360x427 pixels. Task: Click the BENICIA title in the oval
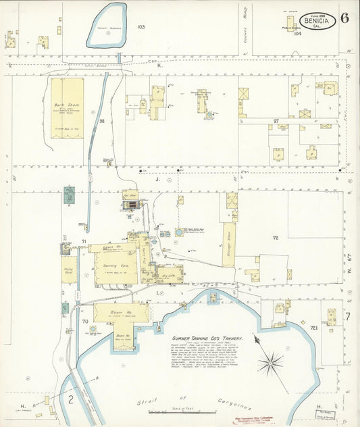click(x=318, y=21)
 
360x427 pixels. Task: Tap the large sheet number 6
click(x=345, y=18)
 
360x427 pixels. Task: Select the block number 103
click(x=140, y=27)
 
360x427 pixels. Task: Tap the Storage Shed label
click(x=228, y=236)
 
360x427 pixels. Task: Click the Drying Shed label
click(x=68, y=270)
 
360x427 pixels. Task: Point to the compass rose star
click(x=270, y=363)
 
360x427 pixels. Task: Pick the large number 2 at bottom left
click(x=70, y=399)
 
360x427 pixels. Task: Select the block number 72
click(x=276, y=238)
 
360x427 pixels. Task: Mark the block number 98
click(x=102, y=121)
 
